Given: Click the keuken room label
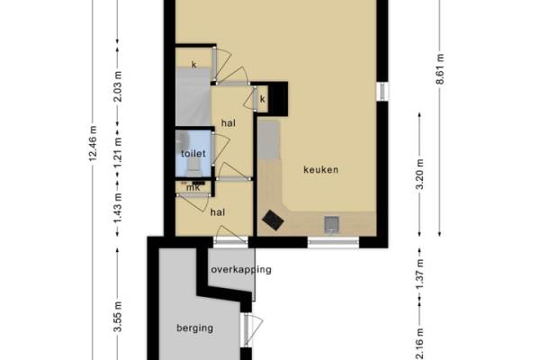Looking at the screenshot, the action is coord(320,169).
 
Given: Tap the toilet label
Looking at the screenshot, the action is coord(193,154).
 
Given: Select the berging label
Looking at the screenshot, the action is coord(194,328).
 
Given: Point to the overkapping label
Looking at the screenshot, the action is coord(241,269).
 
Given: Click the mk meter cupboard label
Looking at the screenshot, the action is coord(193,188).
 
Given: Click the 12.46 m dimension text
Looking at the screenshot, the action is coord(93,144).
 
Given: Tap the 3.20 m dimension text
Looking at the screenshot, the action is coord(419,175).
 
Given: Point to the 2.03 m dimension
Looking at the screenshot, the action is coord(118,86).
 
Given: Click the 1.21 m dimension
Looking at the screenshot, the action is coord(118,152).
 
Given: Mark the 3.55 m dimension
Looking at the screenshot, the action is coord(118,317).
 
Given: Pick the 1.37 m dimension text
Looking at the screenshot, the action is coord(419,274).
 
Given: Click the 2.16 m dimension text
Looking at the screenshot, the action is coord(419,344).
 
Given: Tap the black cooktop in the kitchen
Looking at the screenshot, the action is coord(273,220).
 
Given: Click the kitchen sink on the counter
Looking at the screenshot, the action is coord(331,224).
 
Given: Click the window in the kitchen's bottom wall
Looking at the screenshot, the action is coord(333,242).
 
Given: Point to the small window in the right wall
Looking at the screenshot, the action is coord(382,91).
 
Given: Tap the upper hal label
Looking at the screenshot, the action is coord(229,123).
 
